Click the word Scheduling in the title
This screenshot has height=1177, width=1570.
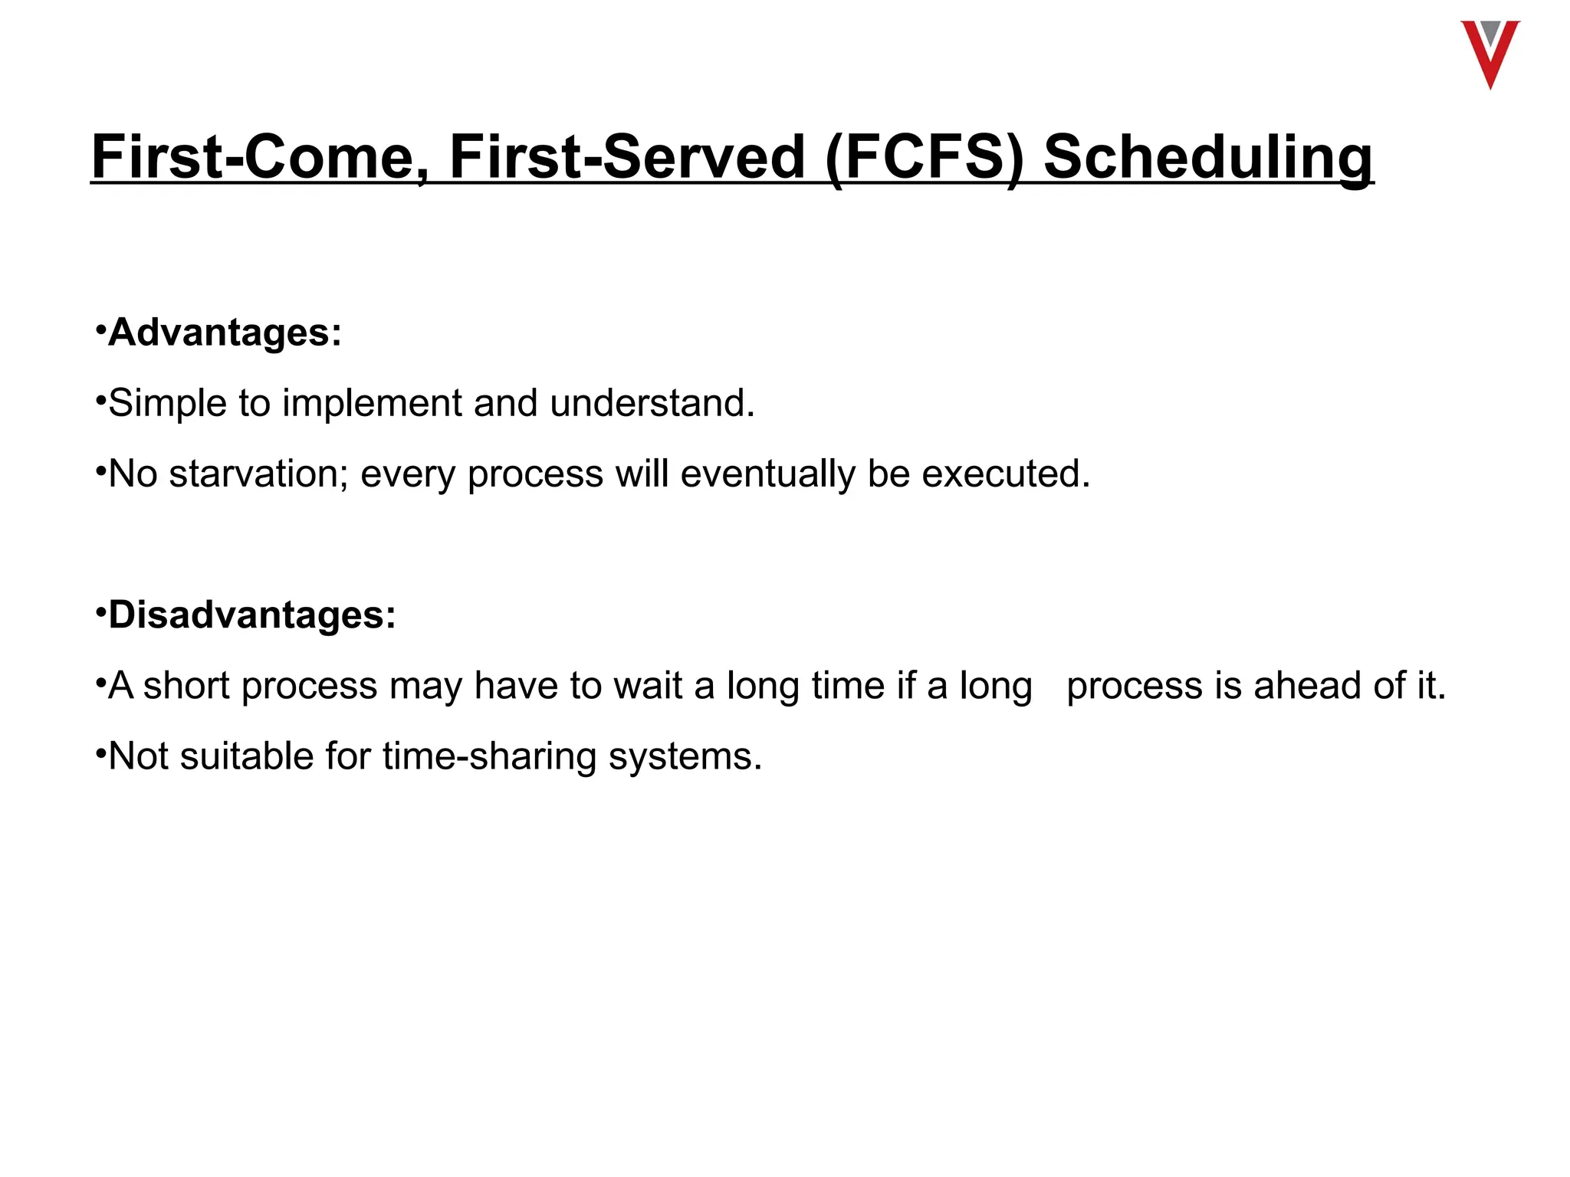coord(1208,158)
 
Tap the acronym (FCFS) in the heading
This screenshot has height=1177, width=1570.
coord(925,158)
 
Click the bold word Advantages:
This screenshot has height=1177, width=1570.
coord(225,333)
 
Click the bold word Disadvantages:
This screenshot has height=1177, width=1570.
coord(252,615)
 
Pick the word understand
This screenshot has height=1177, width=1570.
coord(652,403)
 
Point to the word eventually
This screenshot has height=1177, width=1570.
coord(767,474)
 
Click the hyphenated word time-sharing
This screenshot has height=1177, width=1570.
coord(489,756)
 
